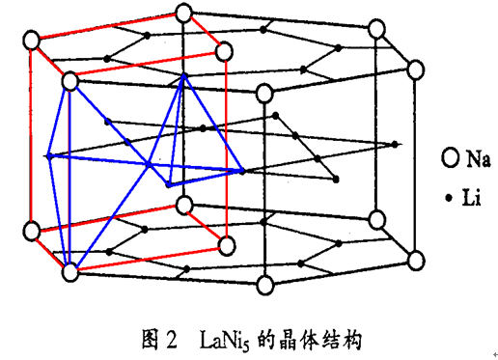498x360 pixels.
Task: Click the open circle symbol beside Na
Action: [448, 156]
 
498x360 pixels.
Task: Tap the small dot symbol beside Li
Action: [447, 198]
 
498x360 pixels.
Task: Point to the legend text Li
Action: [470, 198]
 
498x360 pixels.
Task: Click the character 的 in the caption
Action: [266, 339]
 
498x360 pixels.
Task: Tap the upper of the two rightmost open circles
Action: [417, 69]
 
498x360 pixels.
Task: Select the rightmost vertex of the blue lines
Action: [241, 171]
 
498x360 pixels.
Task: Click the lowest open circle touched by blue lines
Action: [69, 273]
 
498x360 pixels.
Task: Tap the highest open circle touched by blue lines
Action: [69, 83]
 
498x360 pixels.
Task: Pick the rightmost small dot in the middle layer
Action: [394, 145]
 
